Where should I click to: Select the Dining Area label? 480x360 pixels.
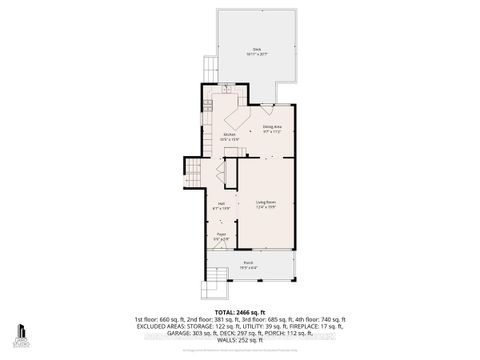[x=272, y=129]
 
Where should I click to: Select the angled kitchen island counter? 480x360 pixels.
[x=233, y=115]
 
